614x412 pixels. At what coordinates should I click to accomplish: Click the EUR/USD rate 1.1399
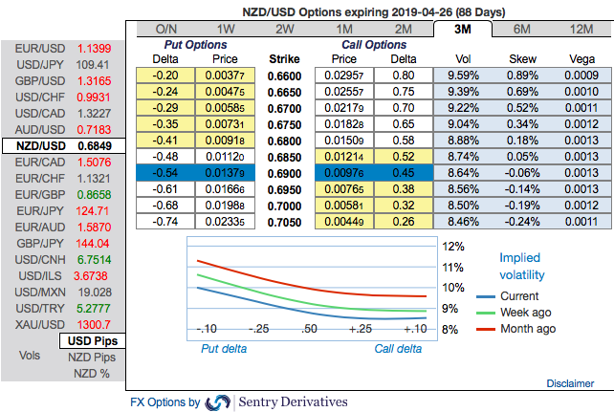click(x=94, y=48)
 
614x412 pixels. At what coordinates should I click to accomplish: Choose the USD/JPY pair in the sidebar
click(x=33, y=65)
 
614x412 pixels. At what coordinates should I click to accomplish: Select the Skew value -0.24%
click(x=519, y=221)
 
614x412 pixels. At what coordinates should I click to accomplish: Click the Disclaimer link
click(x=570, y=382)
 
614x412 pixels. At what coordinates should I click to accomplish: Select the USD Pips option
click(x=92, y=340)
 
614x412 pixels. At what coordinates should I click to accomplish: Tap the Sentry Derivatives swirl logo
click(x=218, y=402)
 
